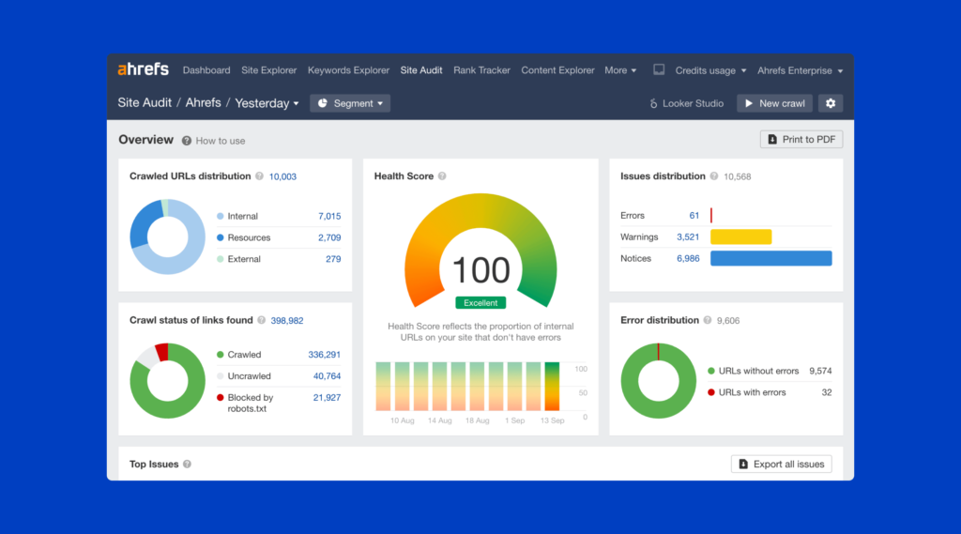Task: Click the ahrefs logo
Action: [143, 69]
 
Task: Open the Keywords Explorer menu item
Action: [348, 70]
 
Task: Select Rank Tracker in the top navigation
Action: [481, 70]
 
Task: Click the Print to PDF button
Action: [801, 140]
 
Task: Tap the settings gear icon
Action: [829, 103]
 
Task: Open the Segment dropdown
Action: [350, 103]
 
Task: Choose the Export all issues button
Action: [781, 464]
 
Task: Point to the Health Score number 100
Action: [480, 270]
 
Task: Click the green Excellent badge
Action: [480, 302]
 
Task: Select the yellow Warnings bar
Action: [740, 237]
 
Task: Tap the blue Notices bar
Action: [770, 258]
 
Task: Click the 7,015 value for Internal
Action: [328, 216]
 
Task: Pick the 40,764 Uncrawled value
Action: [327, 376]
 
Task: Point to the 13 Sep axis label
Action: [551, 420]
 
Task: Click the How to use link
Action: [220, 141]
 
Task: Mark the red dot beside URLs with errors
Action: [711, 392]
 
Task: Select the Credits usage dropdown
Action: [710, 70]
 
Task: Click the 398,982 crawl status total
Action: [287, 320]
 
